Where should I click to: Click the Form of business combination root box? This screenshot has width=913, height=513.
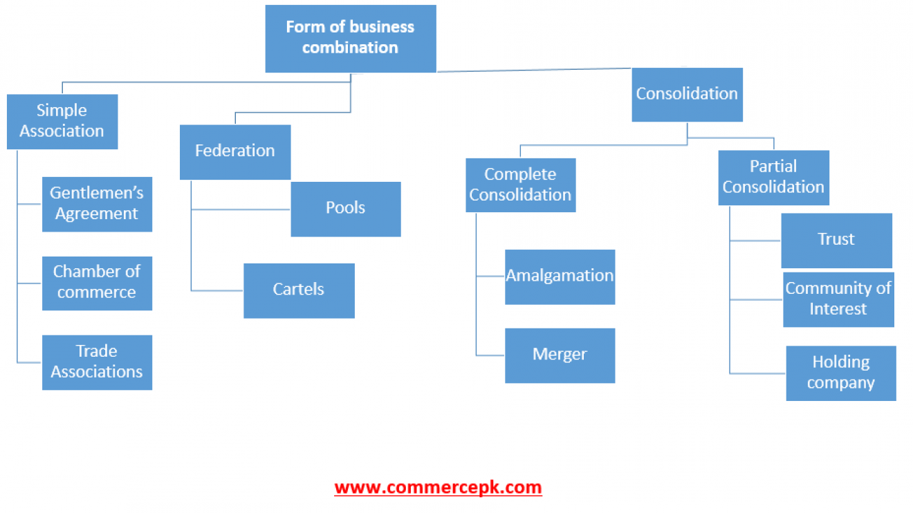(351, 39)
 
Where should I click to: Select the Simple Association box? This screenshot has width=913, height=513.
(62, 122)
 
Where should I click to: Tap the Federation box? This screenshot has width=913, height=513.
(235, 152)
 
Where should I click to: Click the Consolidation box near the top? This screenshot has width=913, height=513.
(688, 95)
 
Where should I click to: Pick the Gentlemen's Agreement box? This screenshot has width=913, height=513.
(97, 204)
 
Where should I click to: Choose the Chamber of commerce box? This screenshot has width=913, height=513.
(97, 283)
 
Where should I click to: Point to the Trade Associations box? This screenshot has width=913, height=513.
(97, 362)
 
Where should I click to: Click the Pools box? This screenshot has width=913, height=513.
(346, 209)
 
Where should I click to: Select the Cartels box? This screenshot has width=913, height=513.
(299, 290)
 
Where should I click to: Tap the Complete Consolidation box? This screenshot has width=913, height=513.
(521, 185)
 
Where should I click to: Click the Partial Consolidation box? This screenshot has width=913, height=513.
(773, 178)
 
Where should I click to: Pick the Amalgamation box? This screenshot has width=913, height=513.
(560, 277)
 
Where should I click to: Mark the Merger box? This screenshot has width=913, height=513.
(560, 355)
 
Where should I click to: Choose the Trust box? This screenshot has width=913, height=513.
(836, 241)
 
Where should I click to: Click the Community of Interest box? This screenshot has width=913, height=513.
(838, 299)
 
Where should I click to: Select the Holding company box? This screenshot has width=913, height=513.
(841, 373)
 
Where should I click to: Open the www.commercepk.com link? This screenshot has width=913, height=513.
(438, 487)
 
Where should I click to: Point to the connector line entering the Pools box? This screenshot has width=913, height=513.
(241, 209)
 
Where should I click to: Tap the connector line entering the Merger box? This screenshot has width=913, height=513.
(490, 355)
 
